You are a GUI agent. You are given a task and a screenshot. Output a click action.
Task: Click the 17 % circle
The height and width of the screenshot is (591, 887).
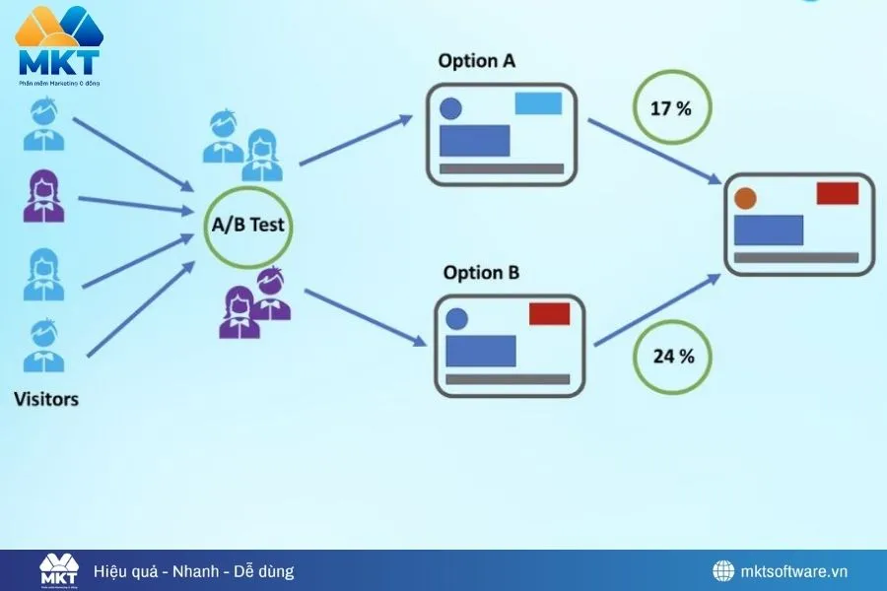tap(670, 107)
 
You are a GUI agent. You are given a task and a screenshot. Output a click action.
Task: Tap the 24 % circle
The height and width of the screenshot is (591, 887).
tap(673, 356)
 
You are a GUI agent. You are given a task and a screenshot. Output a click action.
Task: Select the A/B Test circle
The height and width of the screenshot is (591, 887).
tap(247, 225)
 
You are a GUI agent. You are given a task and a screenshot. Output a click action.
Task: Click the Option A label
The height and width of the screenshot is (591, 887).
tap(477, 61)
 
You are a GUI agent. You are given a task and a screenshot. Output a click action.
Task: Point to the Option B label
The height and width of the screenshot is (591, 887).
tap(481, 273)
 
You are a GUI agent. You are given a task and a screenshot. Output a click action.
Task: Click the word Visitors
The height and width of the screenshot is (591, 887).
tap(46, 400)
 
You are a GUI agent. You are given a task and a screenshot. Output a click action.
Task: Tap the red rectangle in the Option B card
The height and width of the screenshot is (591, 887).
tap(549, 314)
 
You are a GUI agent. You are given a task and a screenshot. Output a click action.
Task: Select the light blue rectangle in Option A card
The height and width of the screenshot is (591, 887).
tap(538, 103)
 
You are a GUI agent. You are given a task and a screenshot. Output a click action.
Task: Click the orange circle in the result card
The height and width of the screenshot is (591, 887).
tap(745, 198)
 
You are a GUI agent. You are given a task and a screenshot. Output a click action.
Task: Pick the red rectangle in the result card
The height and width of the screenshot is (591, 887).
tap(837, 193)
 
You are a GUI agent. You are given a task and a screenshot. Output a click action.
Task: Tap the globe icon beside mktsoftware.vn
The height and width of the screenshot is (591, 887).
tap(724, 571)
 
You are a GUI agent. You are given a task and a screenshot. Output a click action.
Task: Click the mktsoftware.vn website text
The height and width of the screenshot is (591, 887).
tap(794, 571)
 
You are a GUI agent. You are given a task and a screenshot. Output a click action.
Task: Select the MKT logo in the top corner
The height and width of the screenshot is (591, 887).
tap(59, 44)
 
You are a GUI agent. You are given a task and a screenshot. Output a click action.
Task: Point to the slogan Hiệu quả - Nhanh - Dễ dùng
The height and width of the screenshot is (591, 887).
tap(193, 571)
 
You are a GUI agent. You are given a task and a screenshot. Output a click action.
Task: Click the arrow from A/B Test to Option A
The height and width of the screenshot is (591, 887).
tap(356, 140)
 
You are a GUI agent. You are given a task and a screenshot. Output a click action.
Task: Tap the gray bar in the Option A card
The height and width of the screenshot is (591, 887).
tap(501, 169)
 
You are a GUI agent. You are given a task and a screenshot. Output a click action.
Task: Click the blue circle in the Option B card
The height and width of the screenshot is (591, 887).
tap(456, 319)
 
